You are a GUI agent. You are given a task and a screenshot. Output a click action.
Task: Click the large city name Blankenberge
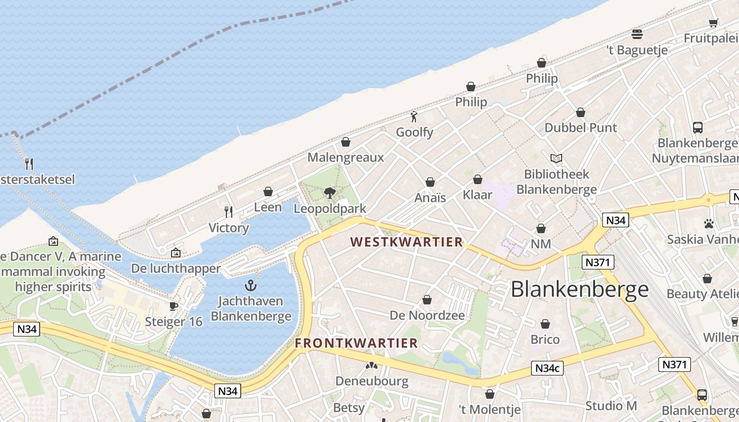coord(580,289)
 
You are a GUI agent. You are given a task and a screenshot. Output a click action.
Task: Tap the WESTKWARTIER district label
coord(406,242)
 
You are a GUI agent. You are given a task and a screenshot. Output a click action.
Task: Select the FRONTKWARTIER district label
coord(356,343)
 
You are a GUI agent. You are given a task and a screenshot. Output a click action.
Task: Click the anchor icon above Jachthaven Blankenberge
coord(251,286)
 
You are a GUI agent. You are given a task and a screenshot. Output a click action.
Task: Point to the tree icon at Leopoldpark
coord(330,193)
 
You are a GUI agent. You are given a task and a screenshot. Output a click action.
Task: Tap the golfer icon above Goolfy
coord(414,117)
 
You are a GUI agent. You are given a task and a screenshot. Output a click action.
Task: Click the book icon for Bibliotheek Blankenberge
coord(556,158)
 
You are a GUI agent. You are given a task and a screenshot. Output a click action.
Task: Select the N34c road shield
coord(547,368)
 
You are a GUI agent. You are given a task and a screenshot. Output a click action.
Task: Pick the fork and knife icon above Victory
coord(229,212)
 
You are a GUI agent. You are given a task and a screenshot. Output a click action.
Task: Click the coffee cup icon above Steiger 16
coord(173,306)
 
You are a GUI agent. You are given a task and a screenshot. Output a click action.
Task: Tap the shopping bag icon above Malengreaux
coord(346,142)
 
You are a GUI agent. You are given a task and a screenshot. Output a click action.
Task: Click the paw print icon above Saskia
coord(709,224)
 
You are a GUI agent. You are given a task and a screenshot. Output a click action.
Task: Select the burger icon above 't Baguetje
coord(637,34)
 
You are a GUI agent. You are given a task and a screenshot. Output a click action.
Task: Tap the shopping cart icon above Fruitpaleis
coord(714,23)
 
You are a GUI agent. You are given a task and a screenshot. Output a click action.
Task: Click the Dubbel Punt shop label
coord(581,128)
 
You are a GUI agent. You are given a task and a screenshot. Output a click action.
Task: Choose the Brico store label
coord(545,339)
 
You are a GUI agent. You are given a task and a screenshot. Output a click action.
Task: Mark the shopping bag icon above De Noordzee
coord(427,300)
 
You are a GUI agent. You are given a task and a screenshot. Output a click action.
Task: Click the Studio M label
coord(611,406)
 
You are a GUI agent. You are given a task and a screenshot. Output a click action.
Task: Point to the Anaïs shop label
coord(430,198)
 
